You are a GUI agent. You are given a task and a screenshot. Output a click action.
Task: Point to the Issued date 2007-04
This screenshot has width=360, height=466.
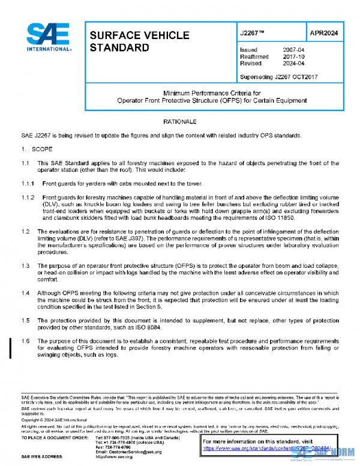point(293,50)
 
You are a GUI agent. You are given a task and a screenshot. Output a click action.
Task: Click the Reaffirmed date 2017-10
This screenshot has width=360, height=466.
point(293,57)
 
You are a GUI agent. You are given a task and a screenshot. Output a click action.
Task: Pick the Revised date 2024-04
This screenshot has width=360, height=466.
point(293,64)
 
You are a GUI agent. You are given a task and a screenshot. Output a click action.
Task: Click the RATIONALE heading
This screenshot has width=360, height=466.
point(179,122)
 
